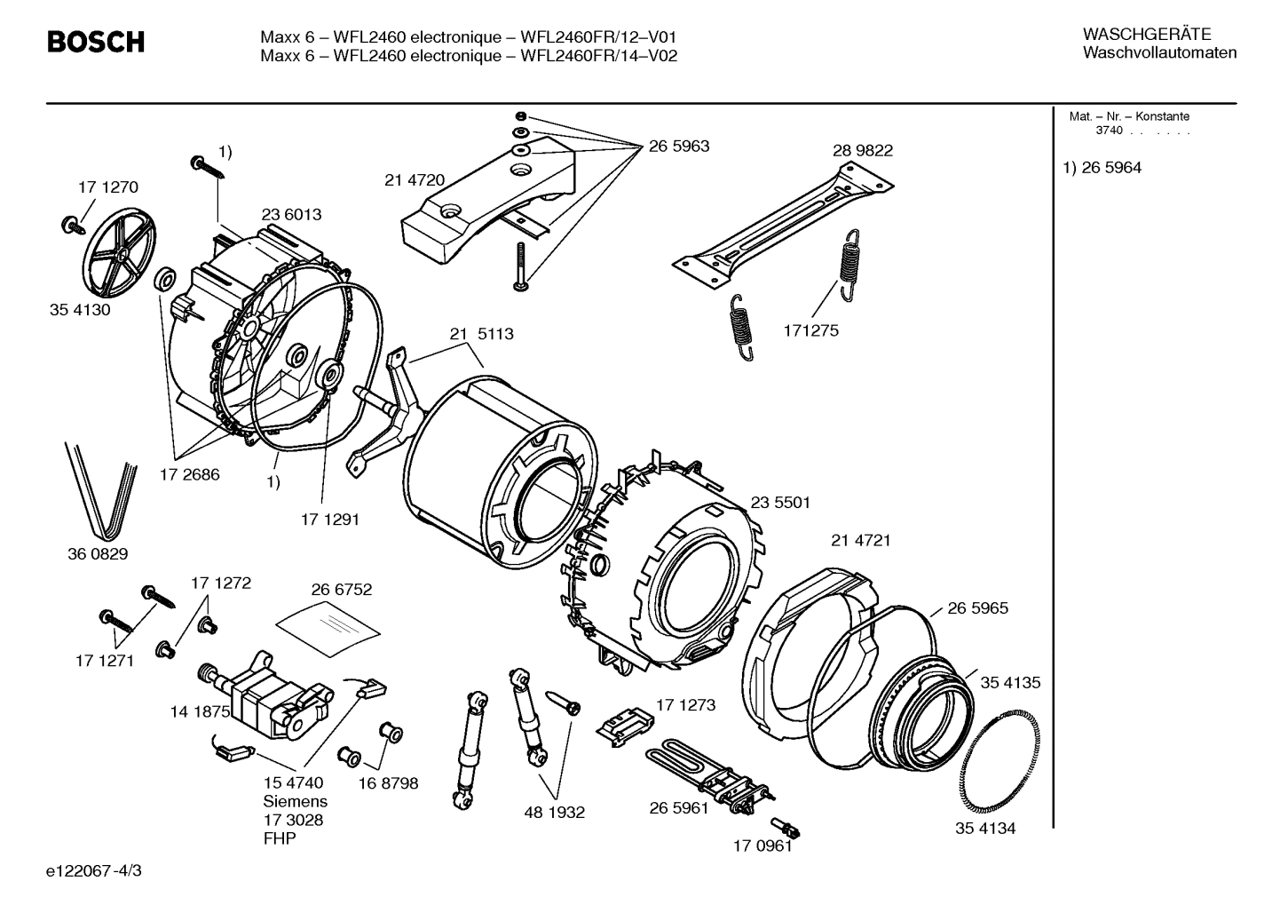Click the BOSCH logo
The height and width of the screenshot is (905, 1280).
95,42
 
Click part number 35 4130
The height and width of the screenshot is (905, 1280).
80,311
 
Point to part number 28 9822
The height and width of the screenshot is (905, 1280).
862,150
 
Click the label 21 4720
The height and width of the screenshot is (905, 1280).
414,179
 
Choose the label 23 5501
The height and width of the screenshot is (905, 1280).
780,503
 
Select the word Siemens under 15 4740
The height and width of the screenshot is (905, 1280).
295,801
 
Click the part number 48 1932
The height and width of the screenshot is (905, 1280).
554,812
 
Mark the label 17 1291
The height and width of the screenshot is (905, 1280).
329,519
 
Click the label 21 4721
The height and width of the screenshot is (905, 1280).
860,540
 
